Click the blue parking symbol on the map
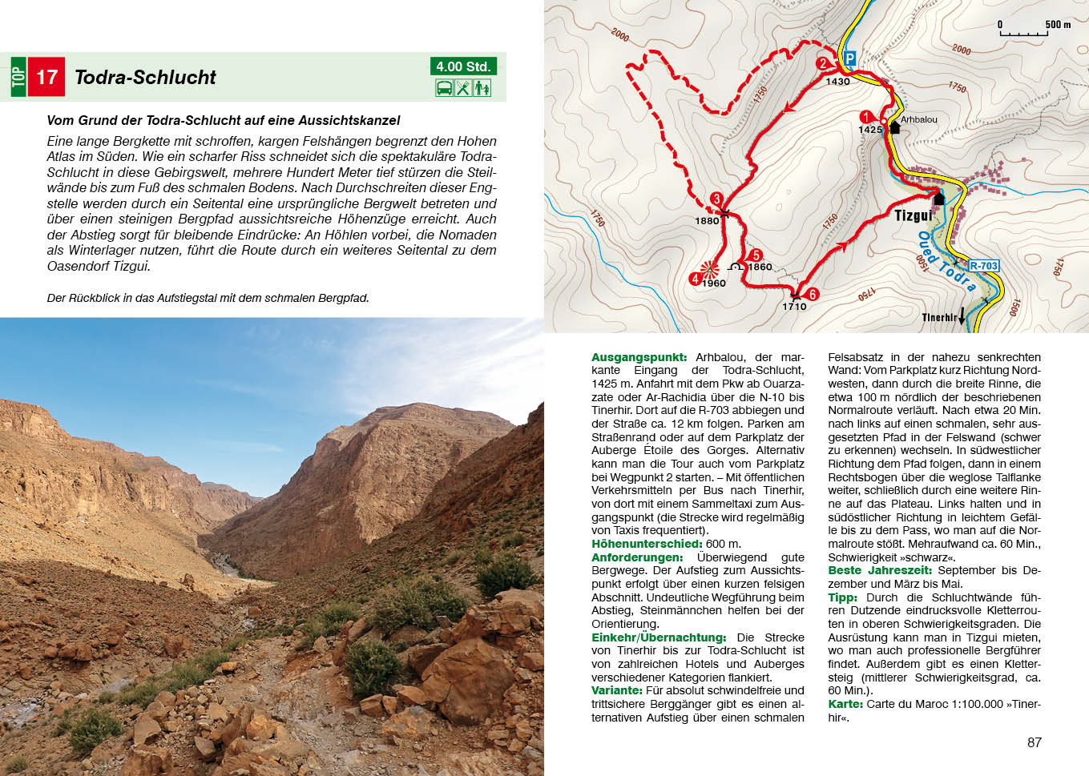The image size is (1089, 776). click(850, 58)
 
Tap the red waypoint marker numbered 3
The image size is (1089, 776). click(716, 199)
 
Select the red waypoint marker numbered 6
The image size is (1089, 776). click(812, 294)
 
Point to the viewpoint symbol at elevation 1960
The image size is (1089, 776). click(708, 269)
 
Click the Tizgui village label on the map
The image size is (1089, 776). click(914, 215)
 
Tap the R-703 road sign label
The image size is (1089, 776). click(983, 266)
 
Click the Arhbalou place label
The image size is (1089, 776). click(918, 120)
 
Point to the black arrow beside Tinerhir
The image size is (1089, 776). click(962, 318)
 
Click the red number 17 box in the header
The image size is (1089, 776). click(46, 78)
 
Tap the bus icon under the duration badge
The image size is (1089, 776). click(444, 88)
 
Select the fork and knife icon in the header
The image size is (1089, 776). click(463, 88)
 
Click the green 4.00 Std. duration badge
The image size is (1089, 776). click(463, 66)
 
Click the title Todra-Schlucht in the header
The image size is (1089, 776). click(145, 78)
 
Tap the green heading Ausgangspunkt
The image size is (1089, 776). click(639, 357)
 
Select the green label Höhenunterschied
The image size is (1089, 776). click(646, 544)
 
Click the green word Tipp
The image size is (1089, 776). click(842, 597)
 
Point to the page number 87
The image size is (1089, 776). click(1035, 742)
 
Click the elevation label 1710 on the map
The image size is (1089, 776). click(794, 307)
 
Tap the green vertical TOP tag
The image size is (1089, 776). click(18, 78)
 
